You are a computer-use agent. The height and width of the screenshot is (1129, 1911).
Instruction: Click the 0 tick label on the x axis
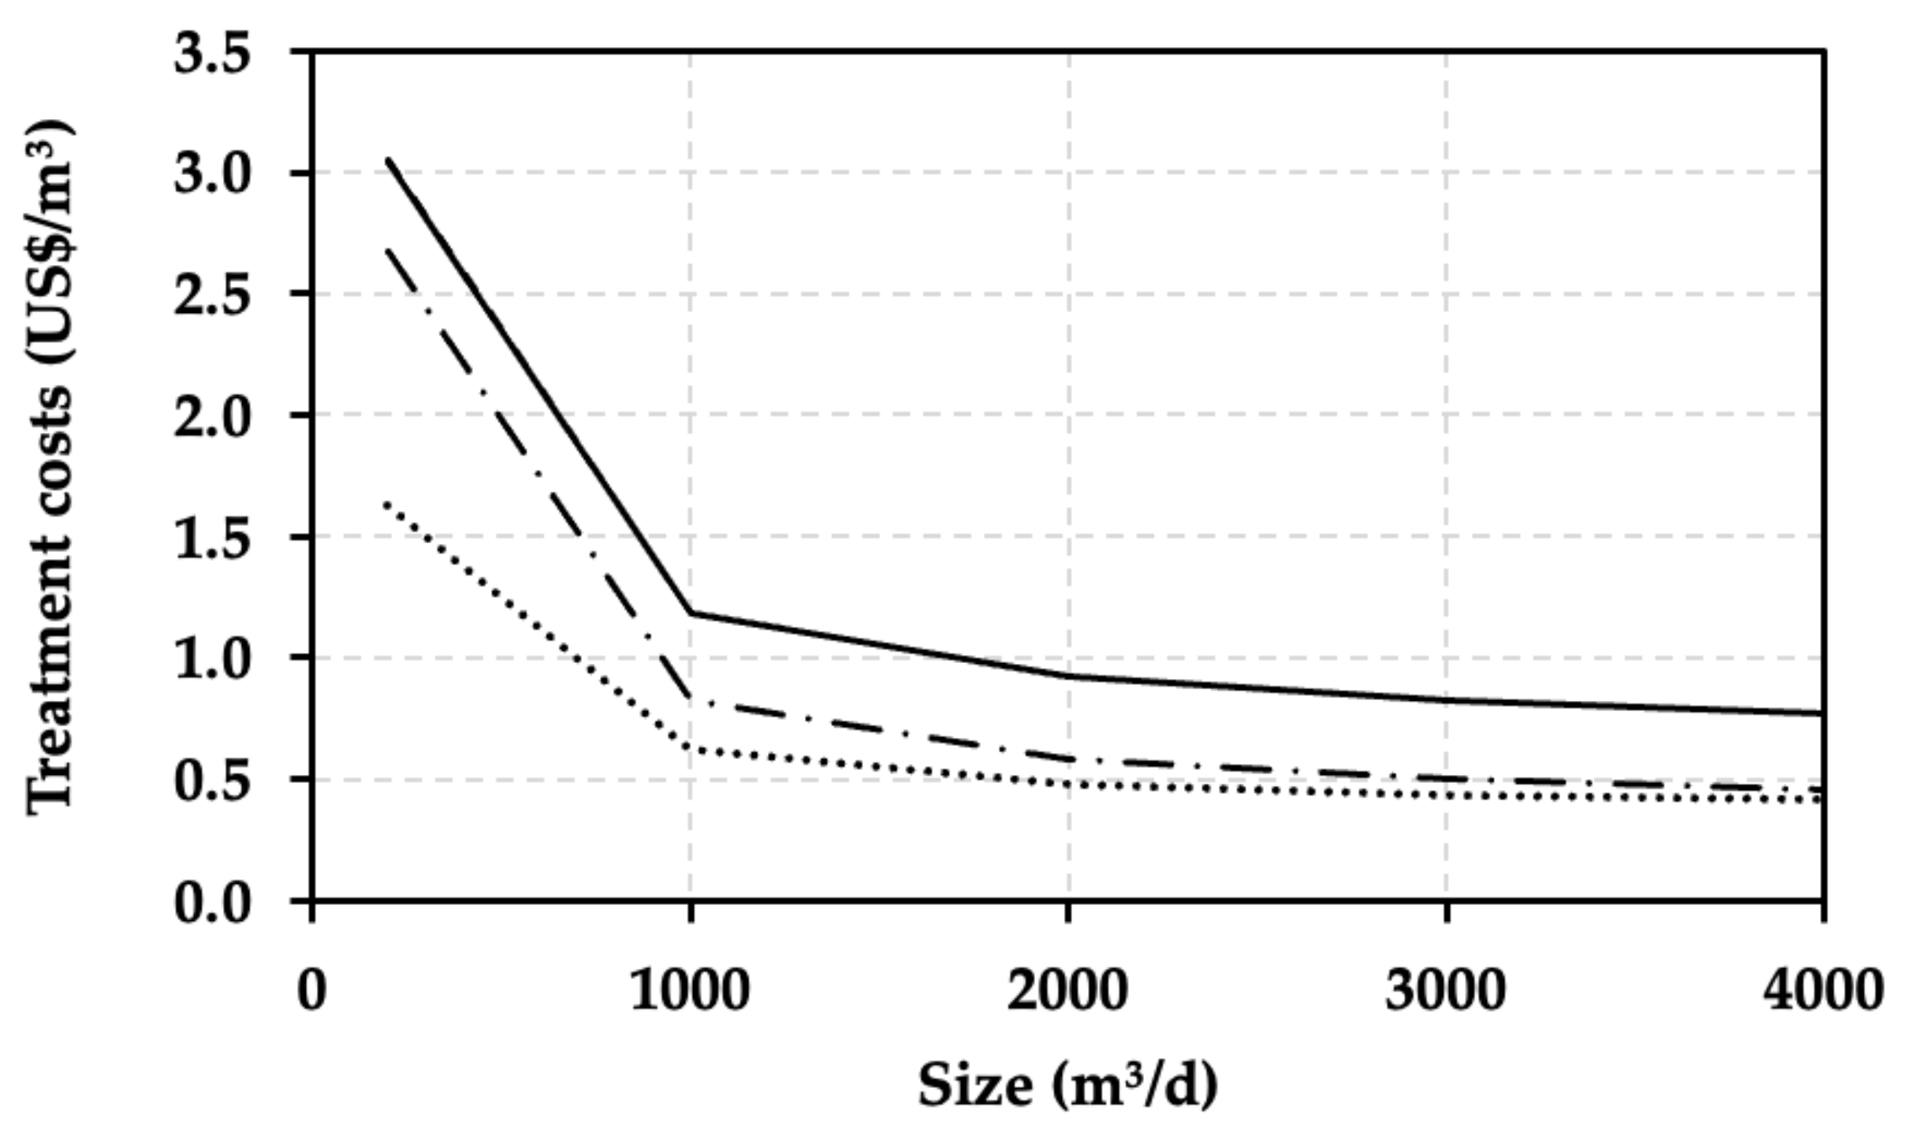point(312,990)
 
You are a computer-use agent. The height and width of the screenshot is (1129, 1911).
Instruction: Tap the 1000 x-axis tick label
point(690,990)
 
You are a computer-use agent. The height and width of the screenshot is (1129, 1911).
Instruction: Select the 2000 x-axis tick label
point(1067,990)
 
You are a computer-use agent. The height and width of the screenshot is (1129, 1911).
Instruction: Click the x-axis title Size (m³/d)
point(1067,1086)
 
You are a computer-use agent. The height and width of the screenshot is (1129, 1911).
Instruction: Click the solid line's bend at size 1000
point(691,613)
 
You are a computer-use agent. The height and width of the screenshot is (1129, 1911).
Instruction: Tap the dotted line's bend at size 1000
point(691,747)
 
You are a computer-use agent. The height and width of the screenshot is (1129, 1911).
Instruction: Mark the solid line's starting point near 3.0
point(388,160)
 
